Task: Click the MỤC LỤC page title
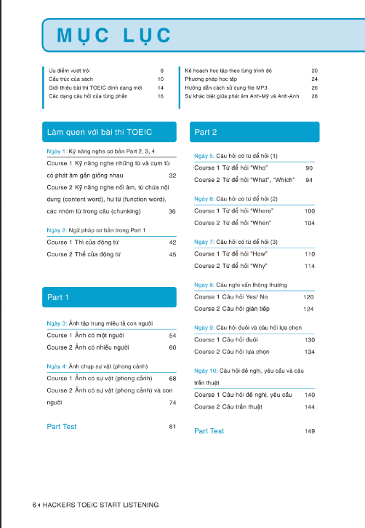point(108,35)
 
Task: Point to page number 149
point(310,431)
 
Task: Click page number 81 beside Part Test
point(172,426)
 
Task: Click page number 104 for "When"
point(310,223)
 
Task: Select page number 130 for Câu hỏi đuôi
point(310,340)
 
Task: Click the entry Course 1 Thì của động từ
point(85,242)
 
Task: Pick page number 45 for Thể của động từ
point(172,254)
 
